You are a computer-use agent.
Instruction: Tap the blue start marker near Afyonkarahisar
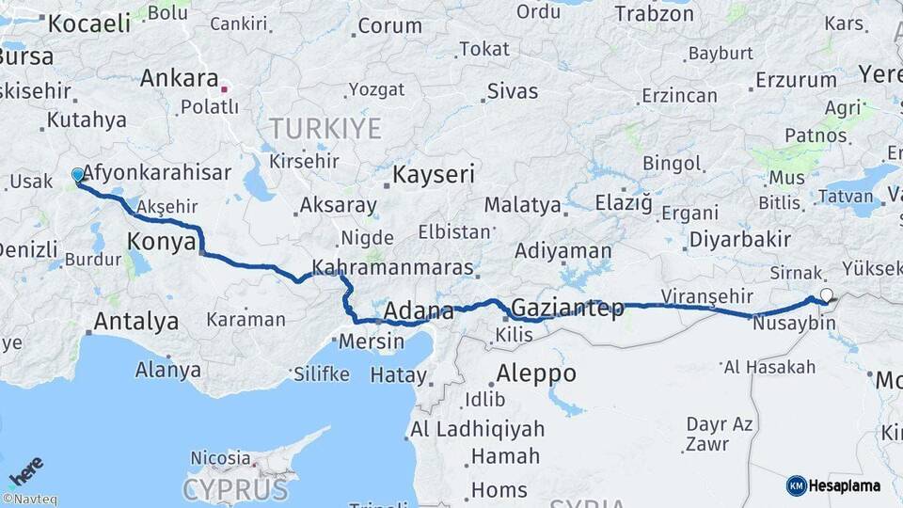77,175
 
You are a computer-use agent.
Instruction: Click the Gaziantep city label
567,309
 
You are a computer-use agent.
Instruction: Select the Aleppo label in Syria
535,373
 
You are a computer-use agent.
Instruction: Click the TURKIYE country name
325,129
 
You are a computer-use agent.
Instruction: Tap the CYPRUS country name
235,489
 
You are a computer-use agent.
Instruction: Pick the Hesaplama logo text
844,485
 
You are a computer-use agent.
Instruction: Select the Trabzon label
655,14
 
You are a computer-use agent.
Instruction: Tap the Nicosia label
220,459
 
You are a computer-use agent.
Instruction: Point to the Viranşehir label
701,297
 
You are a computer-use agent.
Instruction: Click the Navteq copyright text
30,500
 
